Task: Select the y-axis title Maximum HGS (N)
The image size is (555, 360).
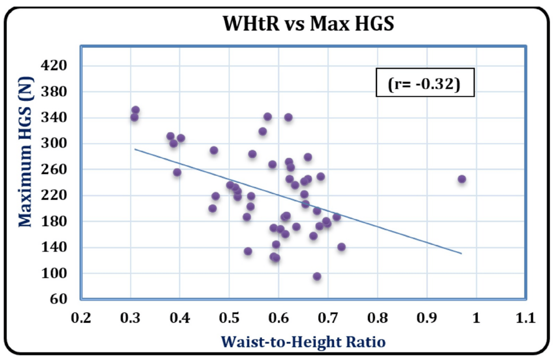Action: click(x=25, y=170)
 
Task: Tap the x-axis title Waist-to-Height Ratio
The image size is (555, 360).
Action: click(x=303, y=341)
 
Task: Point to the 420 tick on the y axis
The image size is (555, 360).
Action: click(x=55, y=66)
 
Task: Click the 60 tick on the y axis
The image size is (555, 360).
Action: click(x=59, y=299)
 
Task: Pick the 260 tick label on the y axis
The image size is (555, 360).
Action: click(x=55, y=170)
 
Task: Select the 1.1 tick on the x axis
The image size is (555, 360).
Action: click(x=525, y=318)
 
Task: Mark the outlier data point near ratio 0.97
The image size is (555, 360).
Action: click(x=462, y=179)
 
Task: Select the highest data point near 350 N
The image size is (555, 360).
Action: click(x=135, y=110)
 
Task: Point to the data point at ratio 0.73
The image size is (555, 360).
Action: click(x=341, y=247)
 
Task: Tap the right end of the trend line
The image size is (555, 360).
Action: click(x=462, y=254)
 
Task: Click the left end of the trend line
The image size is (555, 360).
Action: click(x=135, y=149)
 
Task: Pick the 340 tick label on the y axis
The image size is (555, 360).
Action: click(x=55, y=118)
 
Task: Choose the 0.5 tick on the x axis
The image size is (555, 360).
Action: click(x=229, y=318)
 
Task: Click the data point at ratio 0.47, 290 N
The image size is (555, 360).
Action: click(x=214, y=150)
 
